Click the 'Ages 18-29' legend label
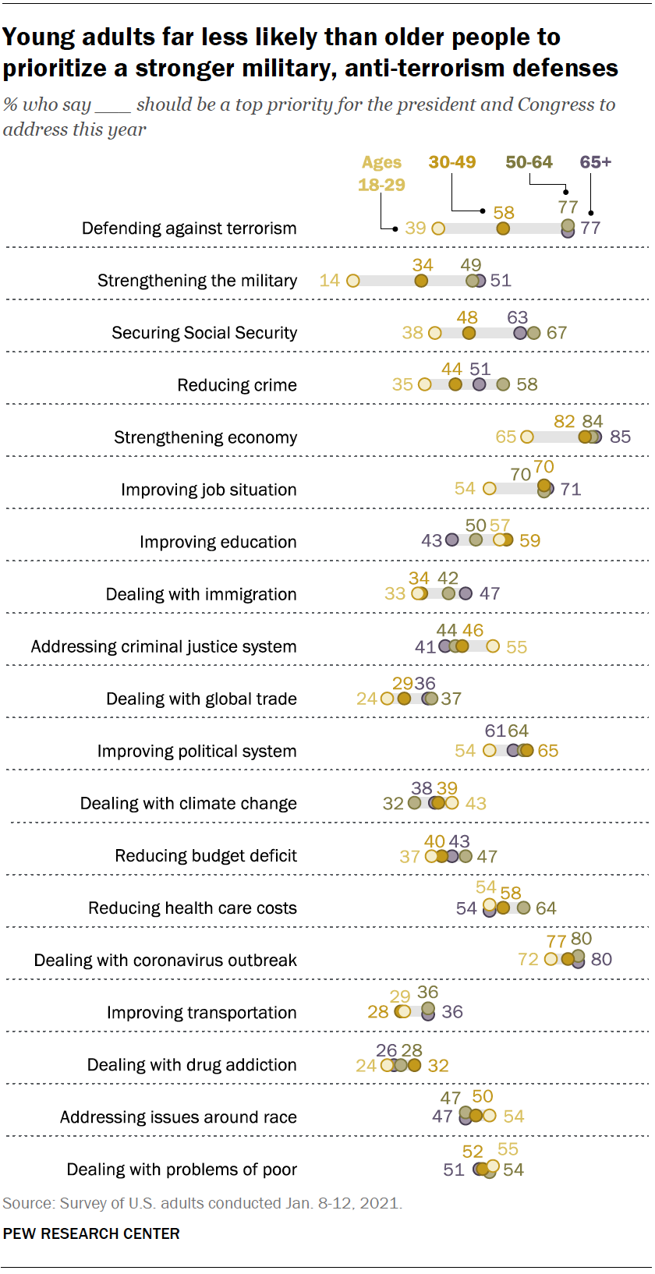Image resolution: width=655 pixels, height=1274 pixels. click(x=381, y=173)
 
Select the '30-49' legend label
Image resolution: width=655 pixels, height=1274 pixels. click(x=452, y=162)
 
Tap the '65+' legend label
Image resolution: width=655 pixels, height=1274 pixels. click(x=595, y=162)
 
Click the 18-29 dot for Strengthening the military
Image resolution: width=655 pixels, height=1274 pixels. click(x=353, y=281)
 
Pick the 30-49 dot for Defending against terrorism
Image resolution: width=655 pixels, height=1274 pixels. click(x=503, y=228)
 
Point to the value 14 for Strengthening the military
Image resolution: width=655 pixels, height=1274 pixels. click(x=330, y=281)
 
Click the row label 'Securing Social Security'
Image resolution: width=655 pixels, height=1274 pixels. click(x=204, y=333)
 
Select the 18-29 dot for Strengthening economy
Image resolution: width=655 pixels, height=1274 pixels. click(x=527, y=437)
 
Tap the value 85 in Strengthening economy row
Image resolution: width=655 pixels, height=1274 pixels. click(x=620, y=437)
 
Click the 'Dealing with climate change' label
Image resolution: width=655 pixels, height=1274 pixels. click(x=189, y=804)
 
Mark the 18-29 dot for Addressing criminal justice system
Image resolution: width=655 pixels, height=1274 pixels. click(x=493, y=646)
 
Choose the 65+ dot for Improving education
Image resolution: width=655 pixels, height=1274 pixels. click(x=451, y=540)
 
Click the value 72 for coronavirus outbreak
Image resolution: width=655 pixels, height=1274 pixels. click(x=529, y=959)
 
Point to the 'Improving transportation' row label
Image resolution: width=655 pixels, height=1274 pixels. click(x=202, y=1013)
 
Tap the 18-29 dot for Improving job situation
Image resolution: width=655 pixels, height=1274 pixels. click(x=489, y=489)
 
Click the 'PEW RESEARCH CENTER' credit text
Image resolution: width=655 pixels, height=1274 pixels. click(x=91, y=1234)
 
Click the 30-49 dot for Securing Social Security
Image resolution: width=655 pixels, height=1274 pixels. click(x=469, y=333)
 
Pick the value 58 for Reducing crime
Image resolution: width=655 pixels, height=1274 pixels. click(x=527, y=385)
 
